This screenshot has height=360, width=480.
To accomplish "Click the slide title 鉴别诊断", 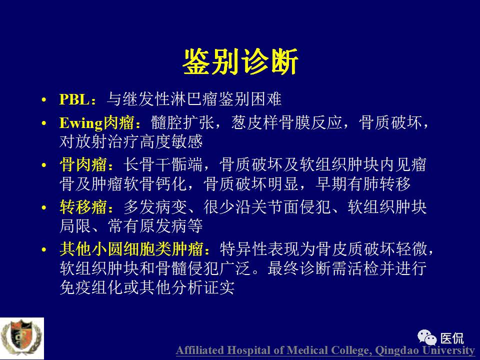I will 240,62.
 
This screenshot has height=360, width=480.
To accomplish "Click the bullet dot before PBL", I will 45,100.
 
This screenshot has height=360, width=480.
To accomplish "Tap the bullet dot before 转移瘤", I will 45,207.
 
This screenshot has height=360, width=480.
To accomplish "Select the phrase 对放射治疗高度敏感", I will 131,141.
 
